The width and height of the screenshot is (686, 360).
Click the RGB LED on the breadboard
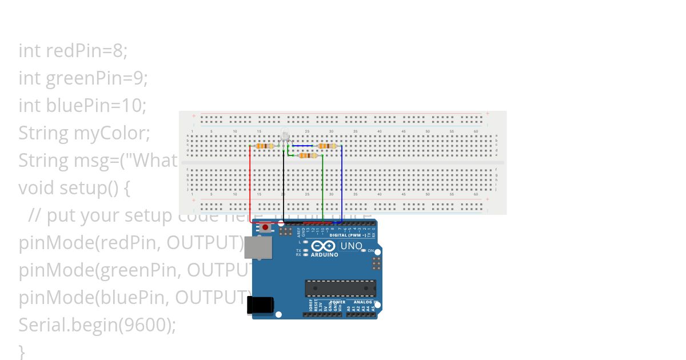[x=285, y=136]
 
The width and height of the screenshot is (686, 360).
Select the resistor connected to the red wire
[x=265, y=146]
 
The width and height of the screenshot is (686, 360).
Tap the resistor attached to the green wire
[x=308, y=155]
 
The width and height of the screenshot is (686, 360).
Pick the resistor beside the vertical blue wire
[x=326, y=146]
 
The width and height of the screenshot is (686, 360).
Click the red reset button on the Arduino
[x=265, y=227]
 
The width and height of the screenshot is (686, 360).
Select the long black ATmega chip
[x=340, y=288]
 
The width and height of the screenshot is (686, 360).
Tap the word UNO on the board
[x=351, y=246]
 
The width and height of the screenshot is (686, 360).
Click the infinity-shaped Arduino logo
[x=324, y=246]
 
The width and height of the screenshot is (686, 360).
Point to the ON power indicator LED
[x=364, y=251]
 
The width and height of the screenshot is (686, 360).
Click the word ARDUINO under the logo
[x=324, y=255]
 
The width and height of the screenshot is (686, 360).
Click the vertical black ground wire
[x=284, y=189]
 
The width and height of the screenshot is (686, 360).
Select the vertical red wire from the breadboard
[x=250, y=183]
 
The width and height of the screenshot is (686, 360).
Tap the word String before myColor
[x=43, y=133]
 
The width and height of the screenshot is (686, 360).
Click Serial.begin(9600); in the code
[x=97, y=325]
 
